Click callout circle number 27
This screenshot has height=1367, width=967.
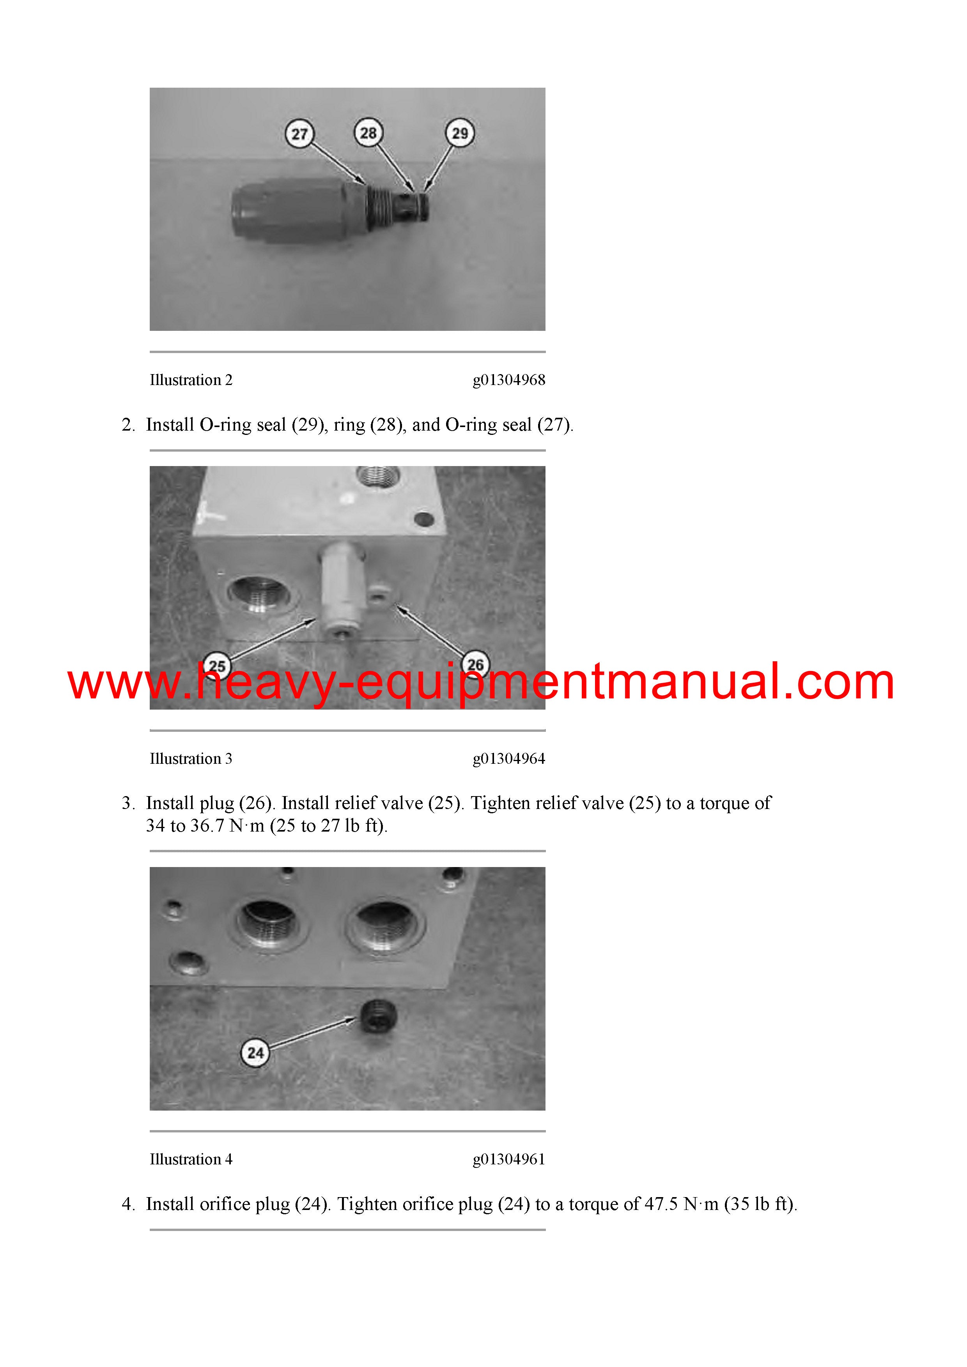point(300,133)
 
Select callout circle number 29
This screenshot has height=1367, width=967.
point(460,133)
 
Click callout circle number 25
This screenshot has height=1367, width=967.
point(217,666)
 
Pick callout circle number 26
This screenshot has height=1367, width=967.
point(475,664)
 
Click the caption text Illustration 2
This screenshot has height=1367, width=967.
point(191,380)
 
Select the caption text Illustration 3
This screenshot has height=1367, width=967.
point(191,759)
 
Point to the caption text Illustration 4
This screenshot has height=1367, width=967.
point(191,1159)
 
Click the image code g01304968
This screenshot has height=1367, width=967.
point(509,380)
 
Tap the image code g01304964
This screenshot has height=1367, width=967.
point(509,759)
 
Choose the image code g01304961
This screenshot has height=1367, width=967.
point(509,1159)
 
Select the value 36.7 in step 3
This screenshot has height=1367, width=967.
point(207,826)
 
